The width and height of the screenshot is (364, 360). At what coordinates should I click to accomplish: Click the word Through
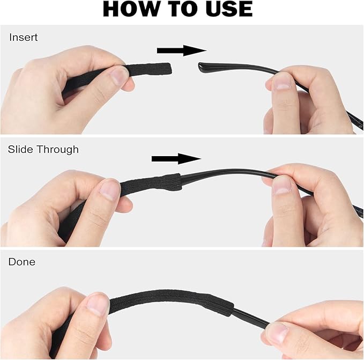point(57,150)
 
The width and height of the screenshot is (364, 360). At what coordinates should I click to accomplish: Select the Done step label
point(21,262)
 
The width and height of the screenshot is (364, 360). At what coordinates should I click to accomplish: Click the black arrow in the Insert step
point(181,50)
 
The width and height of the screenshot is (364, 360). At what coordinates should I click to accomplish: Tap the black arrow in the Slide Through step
point(176,158)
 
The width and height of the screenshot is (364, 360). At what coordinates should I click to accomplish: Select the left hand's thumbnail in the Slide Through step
point(110,190)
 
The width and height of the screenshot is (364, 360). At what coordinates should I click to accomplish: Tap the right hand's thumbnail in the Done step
point(276,333)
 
